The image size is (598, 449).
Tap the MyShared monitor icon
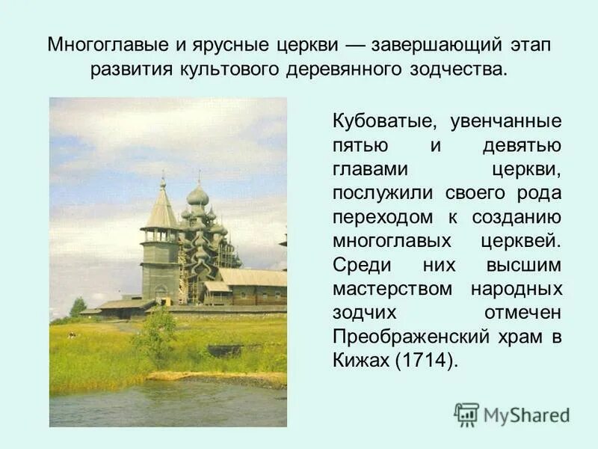pos(466,414)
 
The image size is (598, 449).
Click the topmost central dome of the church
pos(198,196)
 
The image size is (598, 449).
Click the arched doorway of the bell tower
pos(161,291)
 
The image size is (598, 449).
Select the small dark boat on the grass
pos(224,350)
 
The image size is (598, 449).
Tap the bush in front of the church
pos(157,332)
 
